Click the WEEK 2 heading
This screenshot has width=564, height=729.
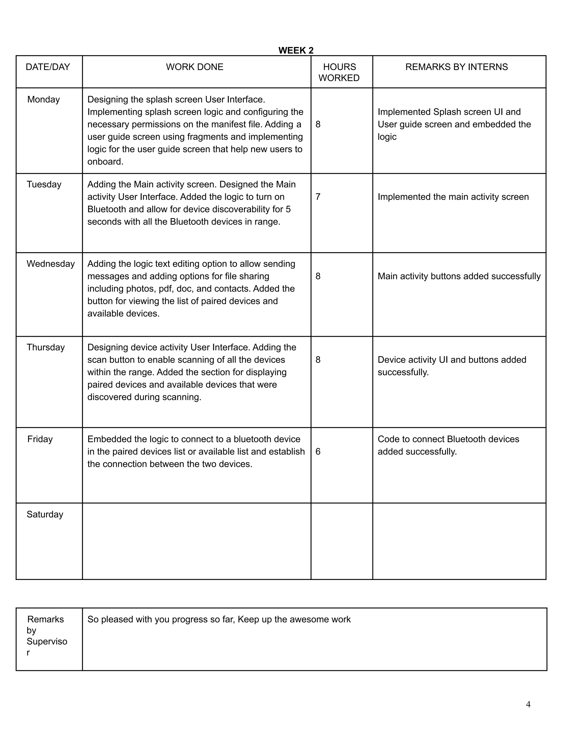[x=296, y=50]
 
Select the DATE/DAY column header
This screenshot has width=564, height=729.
[x=48, y=67]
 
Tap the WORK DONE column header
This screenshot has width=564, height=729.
[x=194, y=67]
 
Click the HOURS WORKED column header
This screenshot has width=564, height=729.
[x=339, y=72]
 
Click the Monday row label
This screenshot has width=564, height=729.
[x=44, y=100]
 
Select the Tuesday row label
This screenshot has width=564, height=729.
[x=44, y=185]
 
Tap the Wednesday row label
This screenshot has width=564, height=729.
[x=50, y=264]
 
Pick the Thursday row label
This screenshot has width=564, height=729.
[x=46, y=347]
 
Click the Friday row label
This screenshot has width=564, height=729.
[x=40, y=439]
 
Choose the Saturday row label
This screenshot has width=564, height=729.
[x=45, y=514]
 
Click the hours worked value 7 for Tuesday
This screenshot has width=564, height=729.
[x=318, y=197]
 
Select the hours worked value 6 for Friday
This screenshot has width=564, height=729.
[x=318, y=452]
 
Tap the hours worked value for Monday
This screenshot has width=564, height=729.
[x=318, y=125]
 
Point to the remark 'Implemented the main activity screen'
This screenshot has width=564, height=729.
[x=453, y=197]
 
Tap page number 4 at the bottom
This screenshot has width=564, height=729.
[x=528, y=704]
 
